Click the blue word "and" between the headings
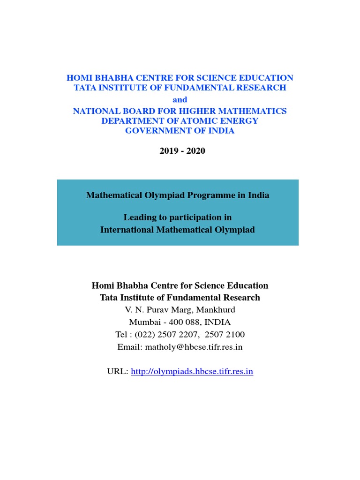[x=180, y=99]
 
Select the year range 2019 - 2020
[x=180, y=151]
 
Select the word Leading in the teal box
[x=139, y=217]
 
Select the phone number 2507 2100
[x=225, y=335]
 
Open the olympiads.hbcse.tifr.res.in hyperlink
[x=192, y=372]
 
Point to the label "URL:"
[x=117, y=372]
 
